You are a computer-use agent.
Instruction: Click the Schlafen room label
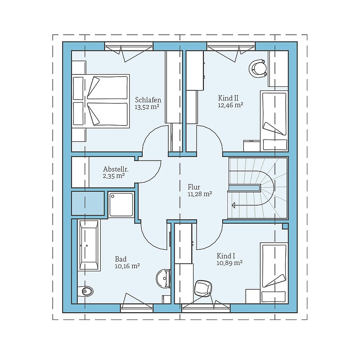pos(148,100)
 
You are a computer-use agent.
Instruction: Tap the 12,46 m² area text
pos(230,105)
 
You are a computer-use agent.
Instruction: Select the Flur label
pos(194,187)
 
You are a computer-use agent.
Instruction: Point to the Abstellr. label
pos(116,169)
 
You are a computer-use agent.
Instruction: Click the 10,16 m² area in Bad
pos(127,266)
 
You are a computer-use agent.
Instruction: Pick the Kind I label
pos(226,256)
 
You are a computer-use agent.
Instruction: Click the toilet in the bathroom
pos(85,291)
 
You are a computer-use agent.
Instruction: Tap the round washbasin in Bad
pos(163,278)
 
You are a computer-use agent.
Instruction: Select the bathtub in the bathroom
pos(89,245)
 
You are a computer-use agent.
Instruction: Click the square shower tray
pos(121,204)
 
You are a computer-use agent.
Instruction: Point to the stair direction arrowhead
pos(234,205)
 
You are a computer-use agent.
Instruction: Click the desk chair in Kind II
pos(258,68)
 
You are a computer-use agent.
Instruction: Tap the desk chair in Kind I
pos(203,288)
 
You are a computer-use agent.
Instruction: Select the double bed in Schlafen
pos(100,101)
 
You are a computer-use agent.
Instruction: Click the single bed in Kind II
pos(274,121)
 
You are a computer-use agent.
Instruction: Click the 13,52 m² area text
pos(147,107)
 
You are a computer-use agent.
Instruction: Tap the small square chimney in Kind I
pos(285,226)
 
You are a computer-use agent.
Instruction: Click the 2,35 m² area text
pos(114,176)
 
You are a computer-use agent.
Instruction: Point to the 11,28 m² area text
pos(200,194)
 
